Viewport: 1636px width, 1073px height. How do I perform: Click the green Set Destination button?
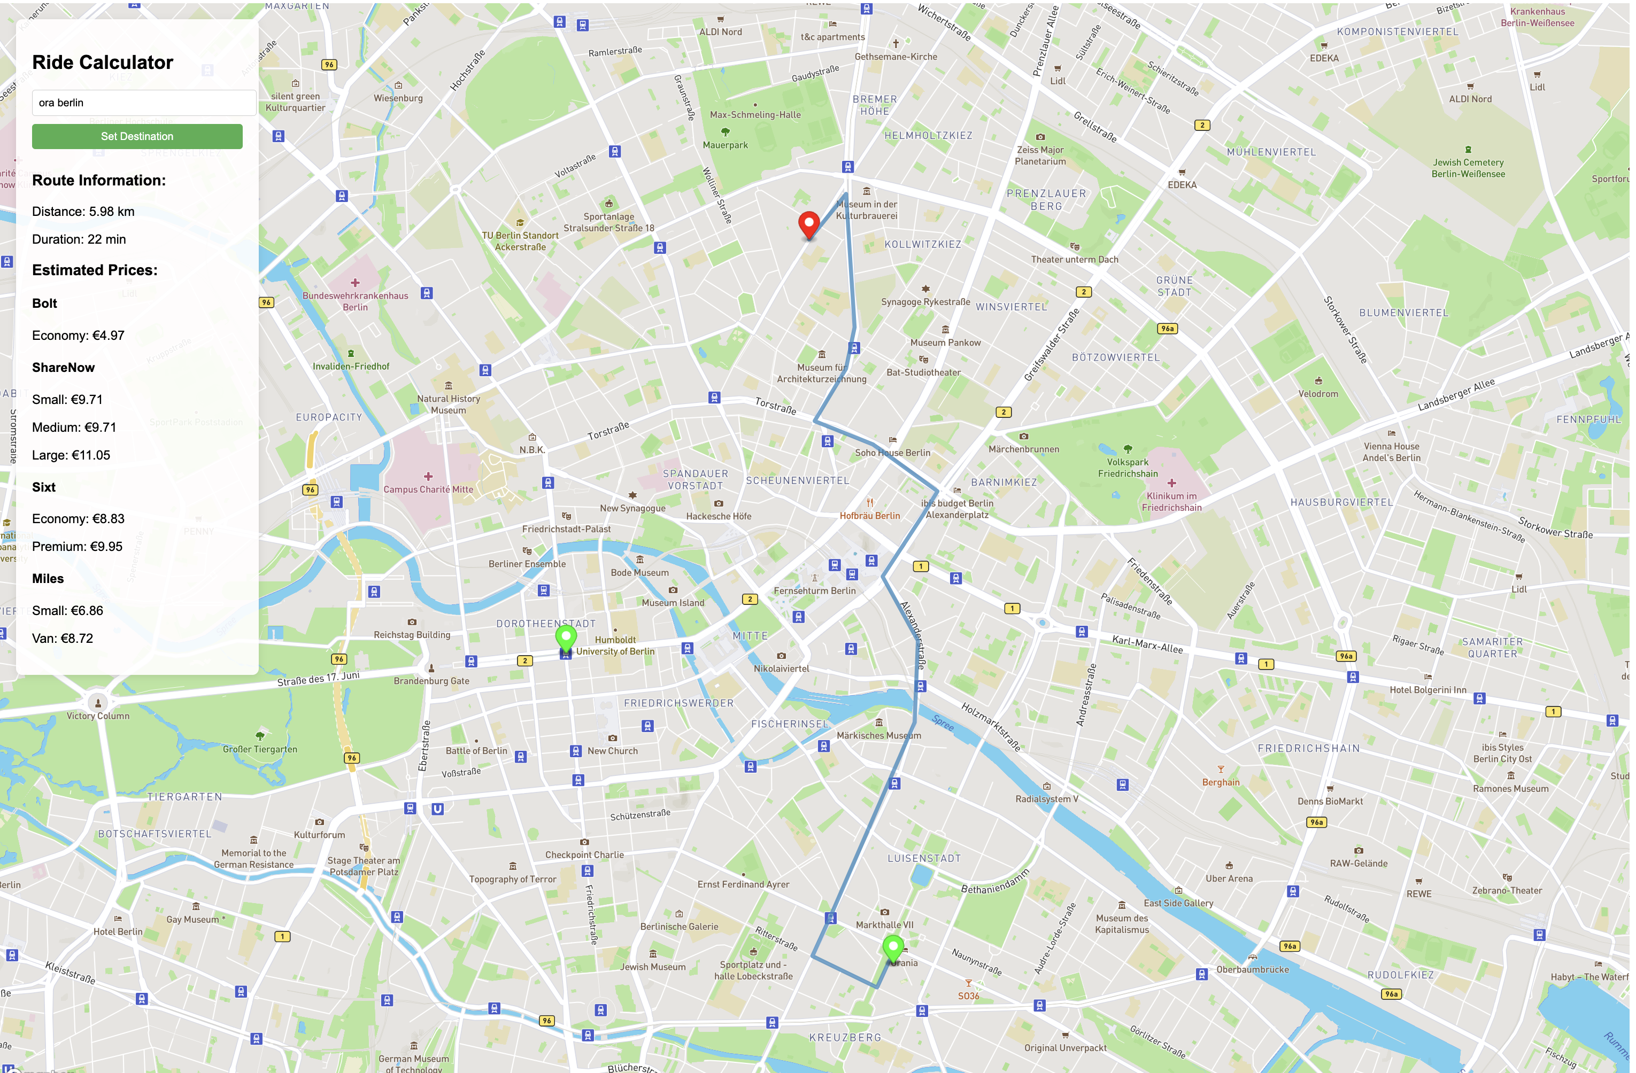[x=137, y=136]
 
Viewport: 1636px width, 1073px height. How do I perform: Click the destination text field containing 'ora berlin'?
[x=144, y=103]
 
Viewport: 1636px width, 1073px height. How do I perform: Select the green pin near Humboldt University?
[x=566, y=637]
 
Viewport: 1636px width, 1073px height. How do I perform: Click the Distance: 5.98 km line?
[x=83, y=212]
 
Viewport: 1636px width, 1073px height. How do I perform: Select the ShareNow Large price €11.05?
[x=71, y=455]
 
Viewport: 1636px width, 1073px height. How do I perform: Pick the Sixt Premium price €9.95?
[x=77, y=546]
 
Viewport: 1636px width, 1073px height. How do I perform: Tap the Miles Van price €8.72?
[x=63, y=638]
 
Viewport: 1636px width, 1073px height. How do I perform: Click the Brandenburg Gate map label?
[x=431, y=681]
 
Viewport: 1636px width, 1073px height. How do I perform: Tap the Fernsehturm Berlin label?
[x=815, y=590]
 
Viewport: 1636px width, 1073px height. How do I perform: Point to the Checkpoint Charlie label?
[x=584, y=854]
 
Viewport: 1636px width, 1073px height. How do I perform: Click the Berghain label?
[x=1220, y=782]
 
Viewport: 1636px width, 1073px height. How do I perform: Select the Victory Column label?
[x=98, y=716]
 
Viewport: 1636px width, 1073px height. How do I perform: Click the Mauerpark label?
[x=724, y=145]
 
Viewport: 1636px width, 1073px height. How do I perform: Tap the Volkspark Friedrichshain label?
[x=1128, y=468]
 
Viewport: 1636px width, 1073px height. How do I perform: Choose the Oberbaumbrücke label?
[x=1253, y=969]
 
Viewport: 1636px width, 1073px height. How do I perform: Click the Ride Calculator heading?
[x=103, y=62]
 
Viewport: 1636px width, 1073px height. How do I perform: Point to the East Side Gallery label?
[x=1178, y=903]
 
